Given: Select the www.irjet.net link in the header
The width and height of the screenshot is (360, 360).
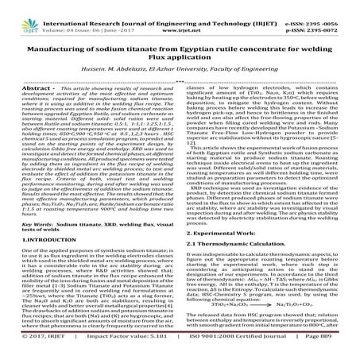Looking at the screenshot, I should pos(180,16).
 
